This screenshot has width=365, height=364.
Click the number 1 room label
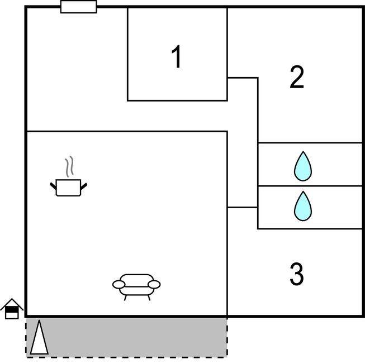[x=177, y=56]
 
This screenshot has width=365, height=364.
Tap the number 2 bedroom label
[x=297, y=77]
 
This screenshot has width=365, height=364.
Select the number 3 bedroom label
[x=297, y=274]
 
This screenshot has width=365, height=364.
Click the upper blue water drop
[x=303, y=166]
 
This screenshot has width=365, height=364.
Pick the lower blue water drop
[x=303, y=206]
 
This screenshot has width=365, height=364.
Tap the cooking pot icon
[x=68, y=176]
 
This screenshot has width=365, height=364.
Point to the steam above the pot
[x=69, y=166]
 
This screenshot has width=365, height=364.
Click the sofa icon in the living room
[x=136, y=288]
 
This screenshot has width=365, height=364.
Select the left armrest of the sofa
[x=119, y=285]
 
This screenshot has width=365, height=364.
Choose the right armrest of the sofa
[x=154, y=285]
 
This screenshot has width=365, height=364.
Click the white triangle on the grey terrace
[x=39, y=338]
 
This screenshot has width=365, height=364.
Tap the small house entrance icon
[x=12, y=309]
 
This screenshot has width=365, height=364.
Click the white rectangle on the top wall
[x=79, y=7]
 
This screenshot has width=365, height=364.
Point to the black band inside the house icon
[x=12, y=310]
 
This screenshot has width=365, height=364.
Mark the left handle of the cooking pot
[x=53, y=186]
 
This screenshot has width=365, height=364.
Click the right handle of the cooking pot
[x=84, y=186]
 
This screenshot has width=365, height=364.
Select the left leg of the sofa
[x=125, y=298]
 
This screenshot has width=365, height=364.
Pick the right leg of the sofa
[x=149, y=298]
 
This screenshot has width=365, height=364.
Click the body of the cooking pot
[x=68, y=188]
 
